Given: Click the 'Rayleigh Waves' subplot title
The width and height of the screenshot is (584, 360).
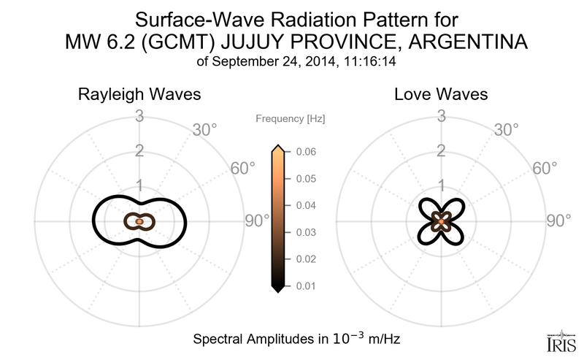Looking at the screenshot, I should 139,95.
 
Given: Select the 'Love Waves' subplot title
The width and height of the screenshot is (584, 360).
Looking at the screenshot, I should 441,95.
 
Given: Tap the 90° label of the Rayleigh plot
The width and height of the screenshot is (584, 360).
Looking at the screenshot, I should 257,221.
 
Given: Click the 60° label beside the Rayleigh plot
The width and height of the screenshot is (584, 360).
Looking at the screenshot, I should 243,168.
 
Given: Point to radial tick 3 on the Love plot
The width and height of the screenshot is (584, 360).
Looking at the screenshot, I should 441,115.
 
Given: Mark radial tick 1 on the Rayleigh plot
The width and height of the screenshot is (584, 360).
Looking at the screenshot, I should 139,185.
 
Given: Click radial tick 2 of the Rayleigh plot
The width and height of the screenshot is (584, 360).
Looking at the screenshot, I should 139,151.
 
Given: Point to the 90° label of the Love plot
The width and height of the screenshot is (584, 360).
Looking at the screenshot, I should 560,221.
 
